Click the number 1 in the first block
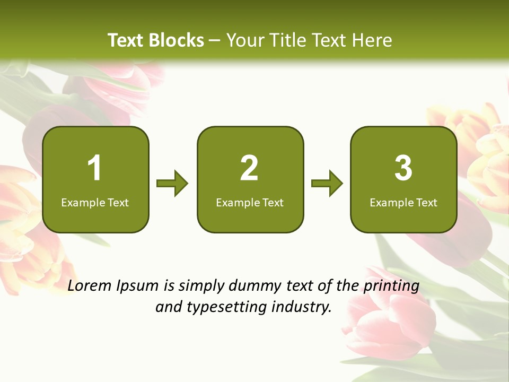click(x=94, y=168)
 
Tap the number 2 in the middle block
click(x=249, y=168)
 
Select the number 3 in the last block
click(x=403, y=168)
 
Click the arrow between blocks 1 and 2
click(x=172, y=184)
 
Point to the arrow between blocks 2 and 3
click(x=327, y=184)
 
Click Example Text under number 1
click(x=95, y=202)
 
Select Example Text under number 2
click(x=250, y=202)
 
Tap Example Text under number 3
click(x=403, y=202)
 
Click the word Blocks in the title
click(x=176, y=40)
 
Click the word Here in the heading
click(x=373, y=40)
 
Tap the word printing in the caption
click(x=391, y=286)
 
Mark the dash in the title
click(x=215, y=40)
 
